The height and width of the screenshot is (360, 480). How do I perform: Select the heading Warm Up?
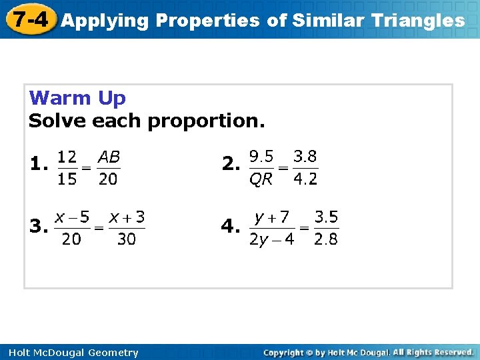pos(77,99)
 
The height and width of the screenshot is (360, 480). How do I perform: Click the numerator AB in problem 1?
pos(109,157)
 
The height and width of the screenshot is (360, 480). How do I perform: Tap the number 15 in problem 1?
pos(66,179)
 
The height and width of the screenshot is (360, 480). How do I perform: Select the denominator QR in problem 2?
pos(261,179)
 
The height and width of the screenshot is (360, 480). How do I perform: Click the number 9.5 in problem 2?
pos(261,157)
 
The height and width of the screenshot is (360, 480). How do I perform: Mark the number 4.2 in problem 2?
pos(305,179)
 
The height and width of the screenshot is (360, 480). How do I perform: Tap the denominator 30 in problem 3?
pos(126,239)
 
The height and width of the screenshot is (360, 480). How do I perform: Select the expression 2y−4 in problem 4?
pos(271,239)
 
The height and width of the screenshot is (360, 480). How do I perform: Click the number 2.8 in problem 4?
pos(326,239)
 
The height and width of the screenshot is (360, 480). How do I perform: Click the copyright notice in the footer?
pos(368,352)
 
